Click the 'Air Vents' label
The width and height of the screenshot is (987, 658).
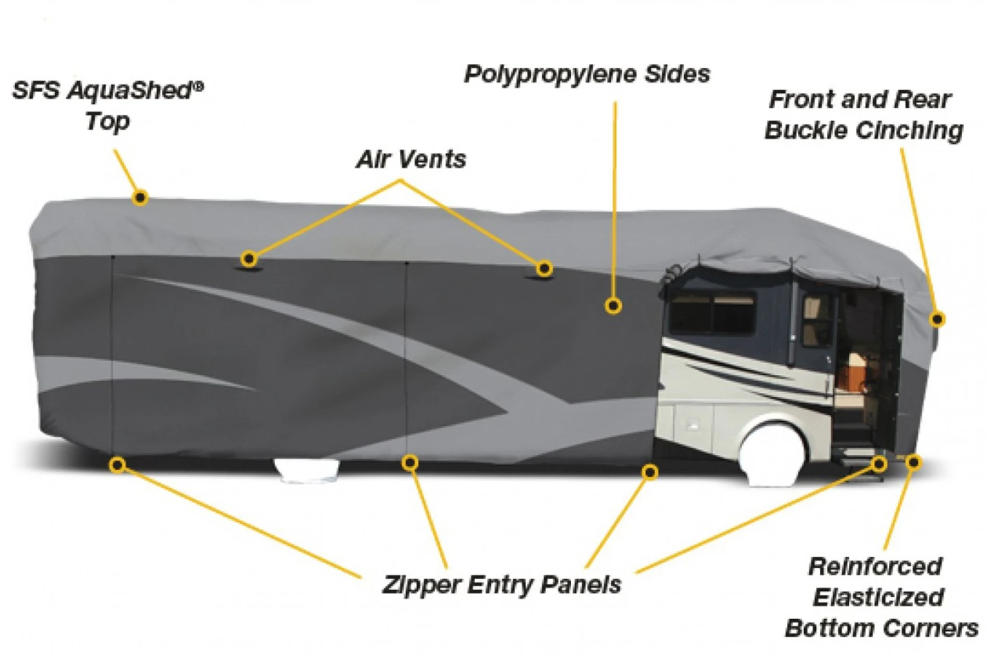point(411,159)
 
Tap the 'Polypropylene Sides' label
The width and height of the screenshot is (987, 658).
point(587,74)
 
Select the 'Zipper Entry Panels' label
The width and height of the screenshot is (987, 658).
point(501,584)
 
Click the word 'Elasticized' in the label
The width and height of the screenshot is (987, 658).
point(878,597)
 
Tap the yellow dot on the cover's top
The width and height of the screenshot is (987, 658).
point(139,197)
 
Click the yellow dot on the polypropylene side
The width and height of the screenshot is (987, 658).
point(613,305)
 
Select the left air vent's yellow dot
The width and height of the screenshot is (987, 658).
point(249,259)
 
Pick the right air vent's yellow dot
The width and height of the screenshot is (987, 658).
point(544,268)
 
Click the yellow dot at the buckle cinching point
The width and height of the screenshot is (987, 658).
point(937,319)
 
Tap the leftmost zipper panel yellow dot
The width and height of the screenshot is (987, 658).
point(117,465)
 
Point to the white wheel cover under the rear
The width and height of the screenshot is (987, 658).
point(307,470)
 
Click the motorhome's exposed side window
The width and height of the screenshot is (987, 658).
point(712,313)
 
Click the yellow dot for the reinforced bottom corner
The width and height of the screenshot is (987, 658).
point(913,463)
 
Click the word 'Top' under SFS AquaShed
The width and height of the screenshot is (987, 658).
point(107,122)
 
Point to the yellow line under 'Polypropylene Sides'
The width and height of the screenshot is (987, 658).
point(615,197)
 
